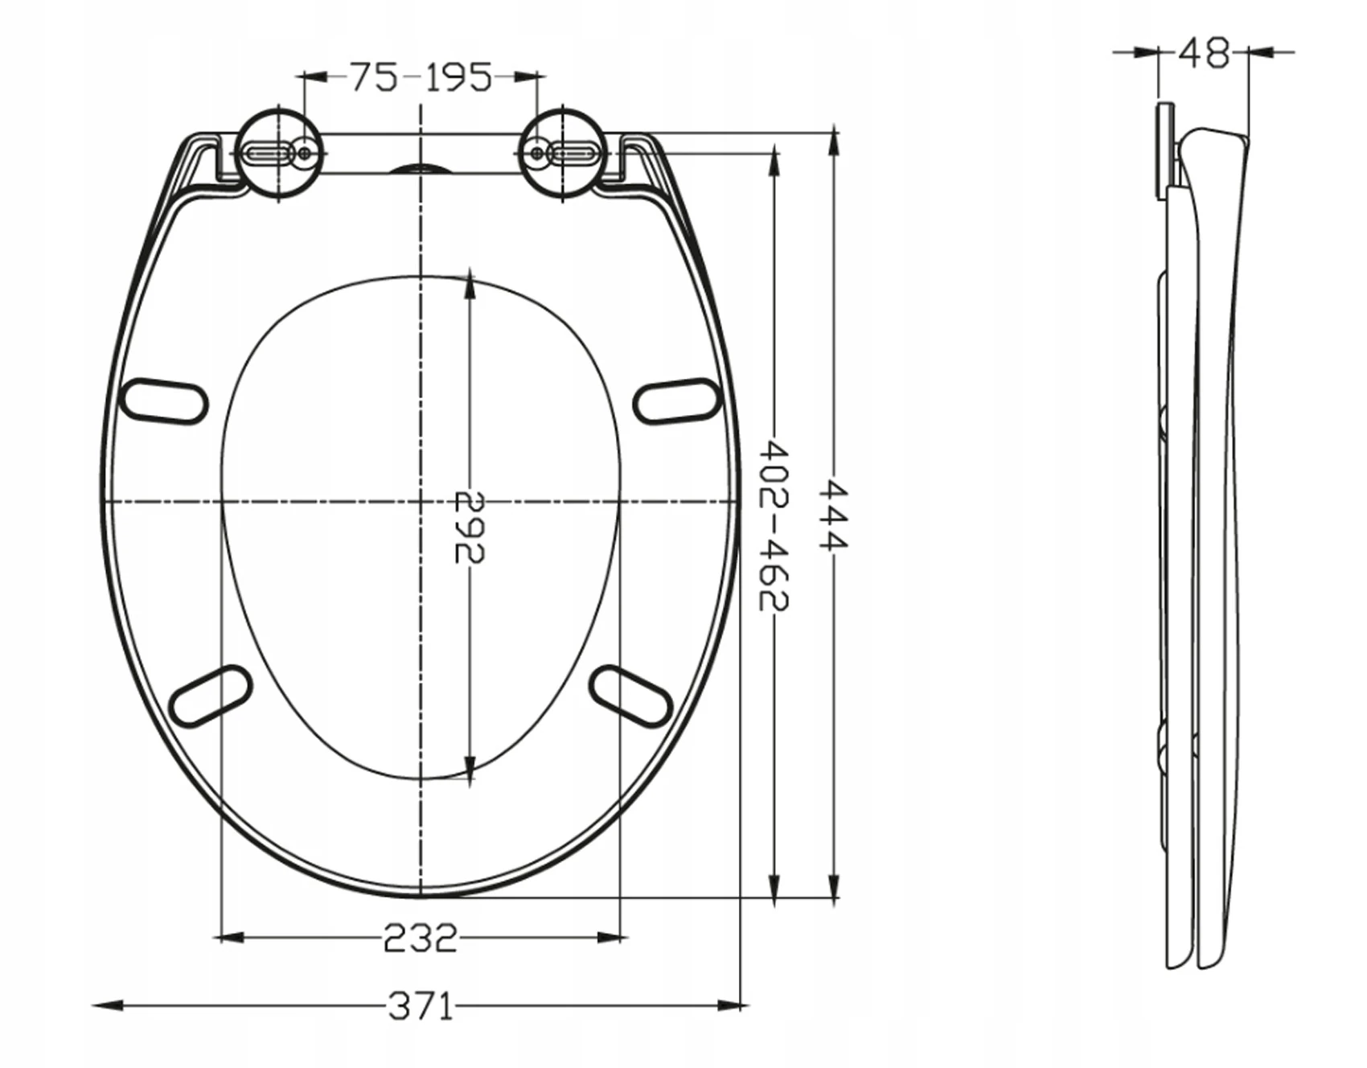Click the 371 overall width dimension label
click(421, 1005)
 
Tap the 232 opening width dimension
click(420, 938)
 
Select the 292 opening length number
click(470, 527)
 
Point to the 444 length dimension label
click(834, 515)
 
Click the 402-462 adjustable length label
click(774, 525)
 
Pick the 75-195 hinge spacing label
click(421, 77)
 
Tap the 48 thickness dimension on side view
click(1204, 52)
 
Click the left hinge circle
click(280, 153)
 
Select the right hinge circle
click(563, 153)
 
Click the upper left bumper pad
click(163, 400)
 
